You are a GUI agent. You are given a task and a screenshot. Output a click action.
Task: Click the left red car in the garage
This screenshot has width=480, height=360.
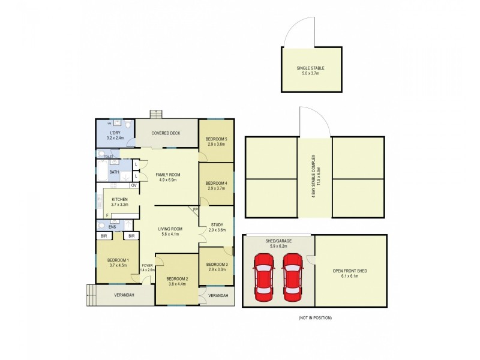pos(264,277)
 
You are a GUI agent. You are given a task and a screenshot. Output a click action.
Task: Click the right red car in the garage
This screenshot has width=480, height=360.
pos(292,277)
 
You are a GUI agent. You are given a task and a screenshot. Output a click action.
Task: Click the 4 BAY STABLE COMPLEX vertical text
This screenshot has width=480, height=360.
pos(315,178)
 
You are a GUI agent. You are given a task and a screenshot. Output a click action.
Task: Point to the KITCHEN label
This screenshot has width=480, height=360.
pos(121,201)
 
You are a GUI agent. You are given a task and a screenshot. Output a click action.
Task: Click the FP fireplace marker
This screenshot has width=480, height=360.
pos(195,209)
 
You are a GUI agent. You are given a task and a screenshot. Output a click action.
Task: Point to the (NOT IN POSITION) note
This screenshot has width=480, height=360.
pos(314,317)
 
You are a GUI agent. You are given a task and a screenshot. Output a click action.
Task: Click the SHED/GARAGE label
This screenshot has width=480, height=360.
pos(278,242)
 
